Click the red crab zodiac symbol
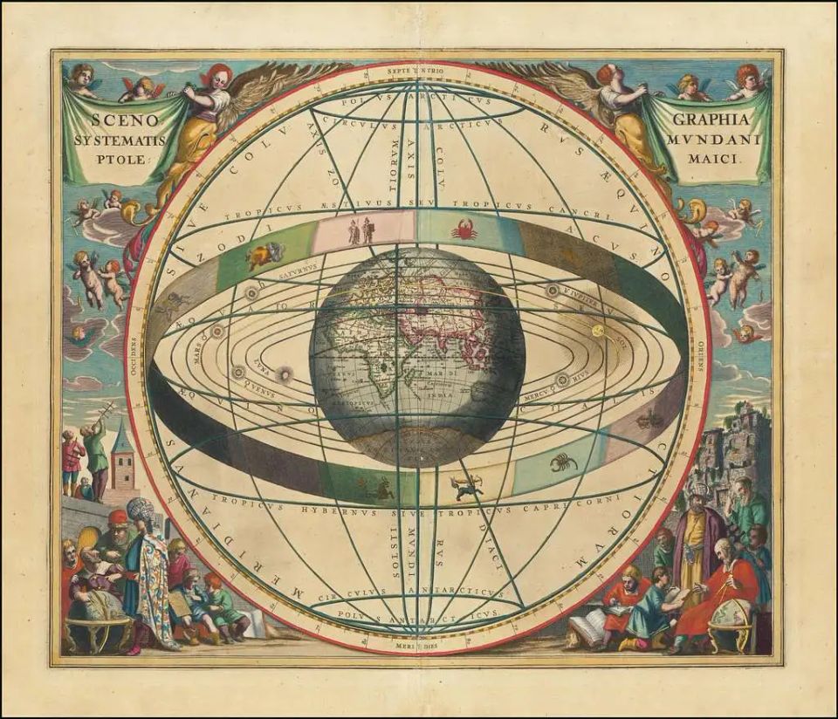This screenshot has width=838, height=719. tap(464, 230)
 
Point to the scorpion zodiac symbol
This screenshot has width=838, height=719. tap(564, 462)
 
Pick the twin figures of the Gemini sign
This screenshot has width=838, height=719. tap(361, 231)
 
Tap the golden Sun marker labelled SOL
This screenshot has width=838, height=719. tap(598, 331)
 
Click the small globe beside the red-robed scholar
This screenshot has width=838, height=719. tap(731, 620)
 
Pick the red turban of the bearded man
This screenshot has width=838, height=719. tap(118, 517)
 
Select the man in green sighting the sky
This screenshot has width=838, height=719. tap(95, 454)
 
